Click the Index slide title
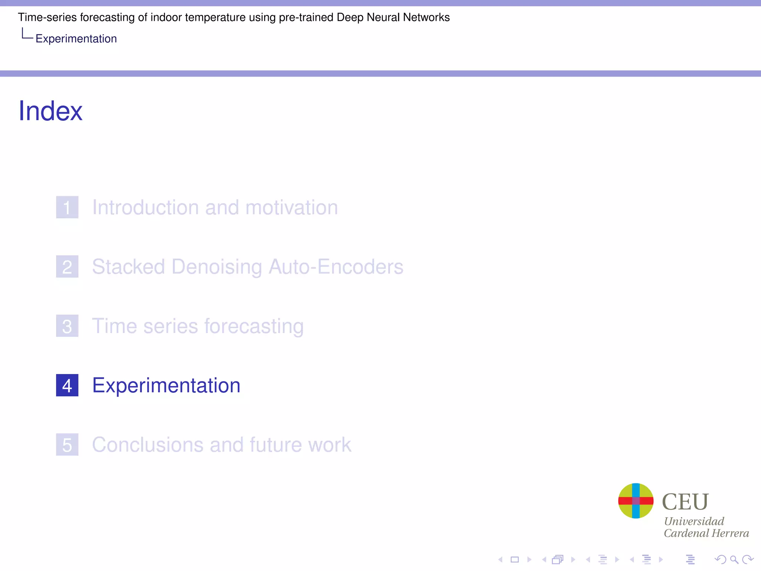pos(51,111)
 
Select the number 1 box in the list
pos(67,207)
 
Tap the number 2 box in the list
pos(67,267)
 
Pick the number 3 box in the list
pos(67,326)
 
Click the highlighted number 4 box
pos(67,385)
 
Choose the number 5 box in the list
pos(67,445)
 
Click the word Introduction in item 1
pos(145,207)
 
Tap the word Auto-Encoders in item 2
pos(336,267)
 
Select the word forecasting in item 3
pos(254,327)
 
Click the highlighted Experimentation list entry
pos(166,385)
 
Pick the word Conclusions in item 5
pos(148,445)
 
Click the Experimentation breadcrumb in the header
pos(76,39)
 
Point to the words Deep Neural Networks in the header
pos(393,17)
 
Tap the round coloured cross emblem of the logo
pos(636,501)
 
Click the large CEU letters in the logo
pos(685,502)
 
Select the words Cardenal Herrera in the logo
pos(706,533)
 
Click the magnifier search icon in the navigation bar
pos(734,559)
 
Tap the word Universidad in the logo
pos(694,521)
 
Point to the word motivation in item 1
pos(292,207)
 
